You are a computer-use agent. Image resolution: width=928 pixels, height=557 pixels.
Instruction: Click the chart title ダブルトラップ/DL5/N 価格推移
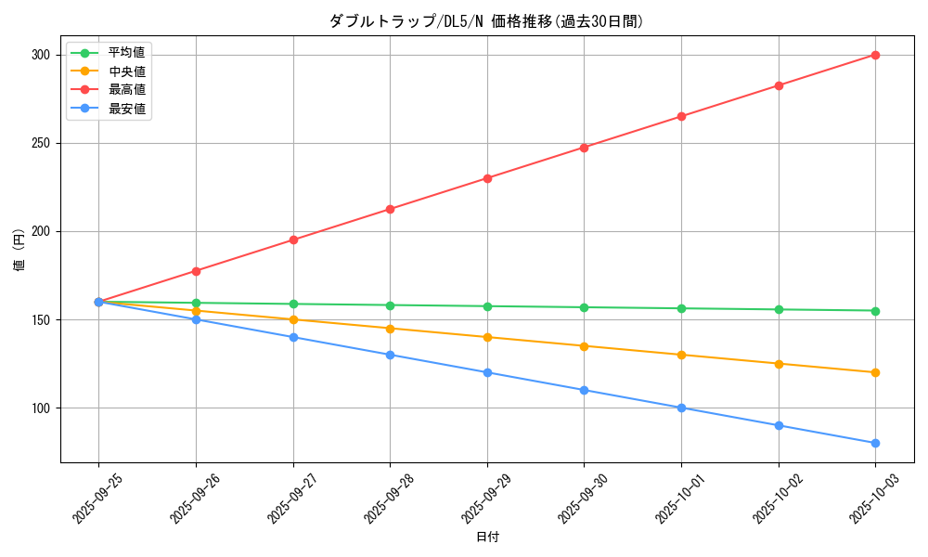(x=485, y=21)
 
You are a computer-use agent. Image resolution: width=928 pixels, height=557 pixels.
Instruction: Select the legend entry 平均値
(x=126, y=53)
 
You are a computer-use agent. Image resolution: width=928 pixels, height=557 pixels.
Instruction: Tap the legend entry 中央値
(x=126, y=71)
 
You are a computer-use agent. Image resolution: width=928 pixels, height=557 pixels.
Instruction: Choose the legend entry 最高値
(x=126, y=90)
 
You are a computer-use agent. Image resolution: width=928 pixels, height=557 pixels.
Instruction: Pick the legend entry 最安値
(x=126, y=109)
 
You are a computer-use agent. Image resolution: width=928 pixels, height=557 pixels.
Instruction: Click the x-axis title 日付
(x=487, y=538)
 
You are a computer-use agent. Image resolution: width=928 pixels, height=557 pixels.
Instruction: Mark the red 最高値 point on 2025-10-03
(x=875, y=55)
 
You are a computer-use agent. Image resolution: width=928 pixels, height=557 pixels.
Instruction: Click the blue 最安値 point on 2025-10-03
(x=875, y=443)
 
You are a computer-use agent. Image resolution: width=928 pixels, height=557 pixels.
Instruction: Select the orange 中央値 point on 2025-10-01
(x=681, y=355)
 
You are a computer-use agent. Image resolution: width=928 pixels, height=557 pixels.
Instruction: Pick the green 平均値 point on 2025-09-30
(x=584, y=307)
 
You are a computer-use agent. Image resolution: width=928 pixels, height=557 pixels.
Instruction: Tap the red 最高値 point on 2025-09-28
(x=390, y=209)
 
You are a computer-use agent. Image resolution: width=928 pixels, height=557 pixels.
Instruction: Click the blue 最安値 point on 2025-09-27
(x=293, y=337)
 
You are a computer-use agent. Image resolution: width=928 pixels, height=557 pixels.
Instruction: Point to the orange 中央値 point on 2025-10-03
(x=875, y=372)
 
